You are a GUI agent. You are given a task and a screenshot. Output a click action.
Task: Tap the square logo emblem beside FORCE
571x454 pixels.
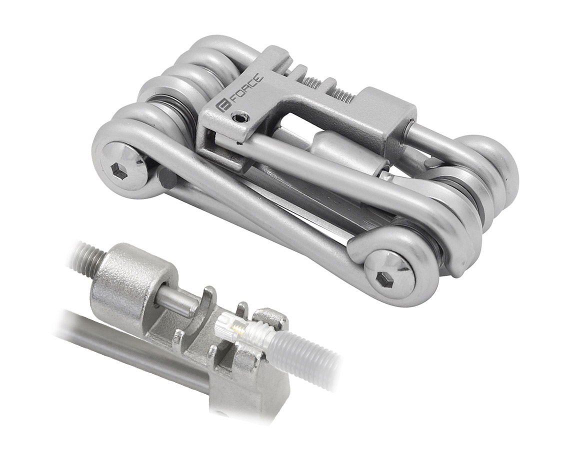222,108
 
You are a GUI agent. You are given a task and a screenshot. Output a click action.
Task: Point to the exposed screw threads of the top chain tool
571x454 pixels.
327,87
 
